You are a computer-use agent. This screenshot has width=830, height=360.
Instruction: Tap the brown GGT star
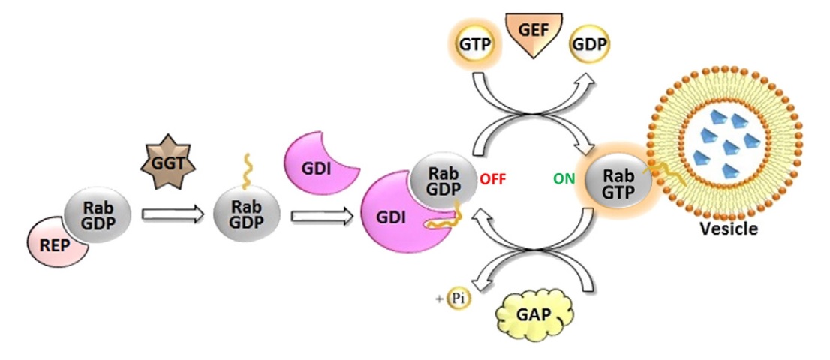tap(167, 160)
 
